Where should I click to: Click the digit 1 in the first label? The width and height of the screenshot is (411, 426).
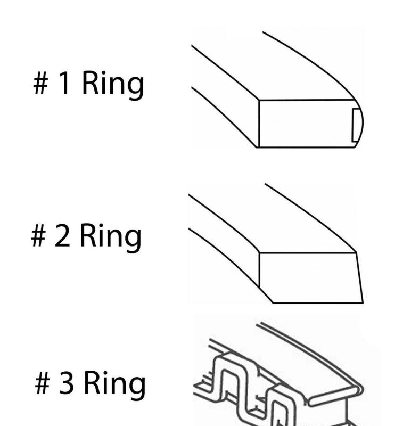click(64, 83)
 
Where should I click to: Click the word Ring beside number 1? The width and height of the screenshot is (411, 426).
click(113, 85)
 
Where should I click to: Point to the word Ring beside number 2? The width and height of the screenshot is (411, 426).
click(111, 237)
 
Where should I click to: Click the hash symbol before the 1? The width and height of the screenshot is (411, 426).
click(41, 83)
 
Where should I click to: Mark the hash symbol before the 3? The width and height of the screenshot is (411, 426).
click(43, 383)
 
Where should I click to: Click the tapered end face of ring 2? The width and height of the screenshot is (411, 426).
click(311, 277)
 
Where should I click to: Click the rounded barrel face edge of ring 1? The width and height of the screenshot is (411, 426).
click(359, 124)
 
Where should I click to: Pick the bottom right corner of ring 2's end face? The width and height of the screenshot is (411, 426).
click(363, 302)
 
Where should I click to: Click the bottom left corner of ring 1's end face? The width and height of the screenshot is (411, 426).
click(259, 148)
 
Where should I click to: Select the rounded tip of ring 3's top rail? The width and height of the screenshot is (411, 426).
click(361, 389)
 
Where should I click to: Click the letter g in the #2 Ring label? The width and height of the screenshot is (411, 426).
click(134, 241)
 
